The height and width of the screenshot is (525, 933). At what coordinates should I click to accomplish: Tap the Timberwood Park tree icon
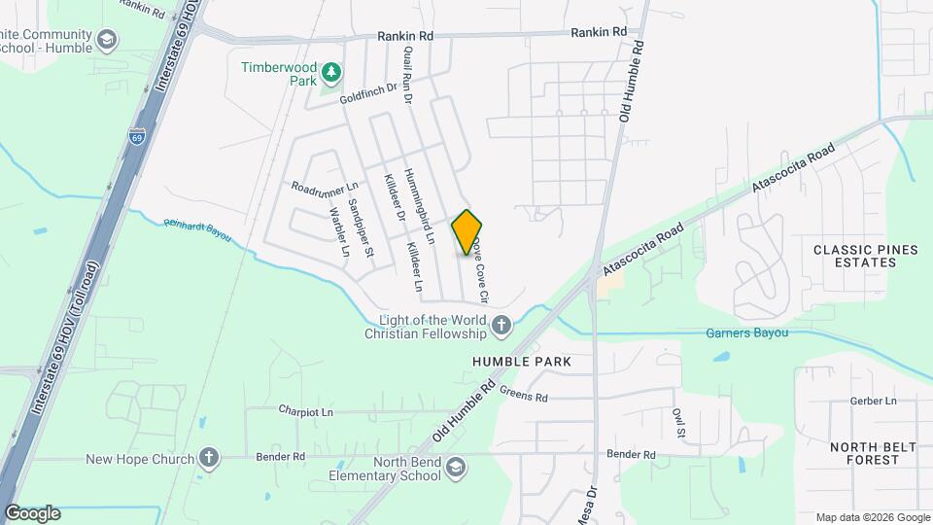pyautogui.click(x=331, y=72)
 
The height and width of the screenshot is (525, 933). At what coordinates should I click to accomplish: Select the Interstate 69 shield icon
pyautogui.click(x=137, y=137)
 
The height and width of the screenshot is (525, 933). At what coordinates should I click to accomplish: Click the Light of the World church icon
pyautogui.click(x=501, y=326)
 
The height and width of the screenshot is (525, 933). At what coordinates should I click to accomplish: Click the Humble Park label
pyautogui.click(x=521, y=362)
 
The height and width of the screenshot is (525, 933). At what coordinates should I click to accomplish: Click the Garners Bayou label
pyautogui.click(x=746, y=333)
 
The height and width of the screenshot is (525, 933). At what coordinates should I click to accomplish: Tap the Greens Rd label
pyautogui.click(x=524, y=396)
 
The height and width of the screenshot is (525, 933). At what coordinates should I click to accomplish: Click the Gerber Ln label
pyautogui.click(x=872, y=401)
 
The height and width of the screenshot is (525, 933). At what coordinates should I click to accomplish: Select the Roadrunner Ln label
pyautogui.click(x=325, y=188)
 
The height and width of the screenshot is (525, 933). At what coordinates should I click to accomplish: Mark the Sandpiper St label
pyautogui.click(x=361, y=227)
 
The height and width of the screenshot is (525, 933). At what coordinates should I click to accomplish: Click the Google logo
pyautogui.click(x=32, y=513)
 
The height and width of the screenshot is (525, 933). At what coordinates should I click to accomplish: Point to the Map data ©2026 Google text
pyautogui.click(x=871, y=517)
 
